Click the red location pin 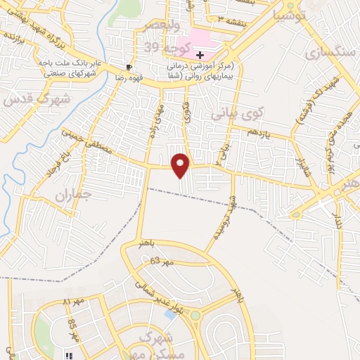tap(181, 165)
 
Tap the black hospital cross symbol tap(200, 54)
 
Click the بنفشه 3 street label tap(232, 21)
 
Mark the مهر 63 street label tap(161, 261)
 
